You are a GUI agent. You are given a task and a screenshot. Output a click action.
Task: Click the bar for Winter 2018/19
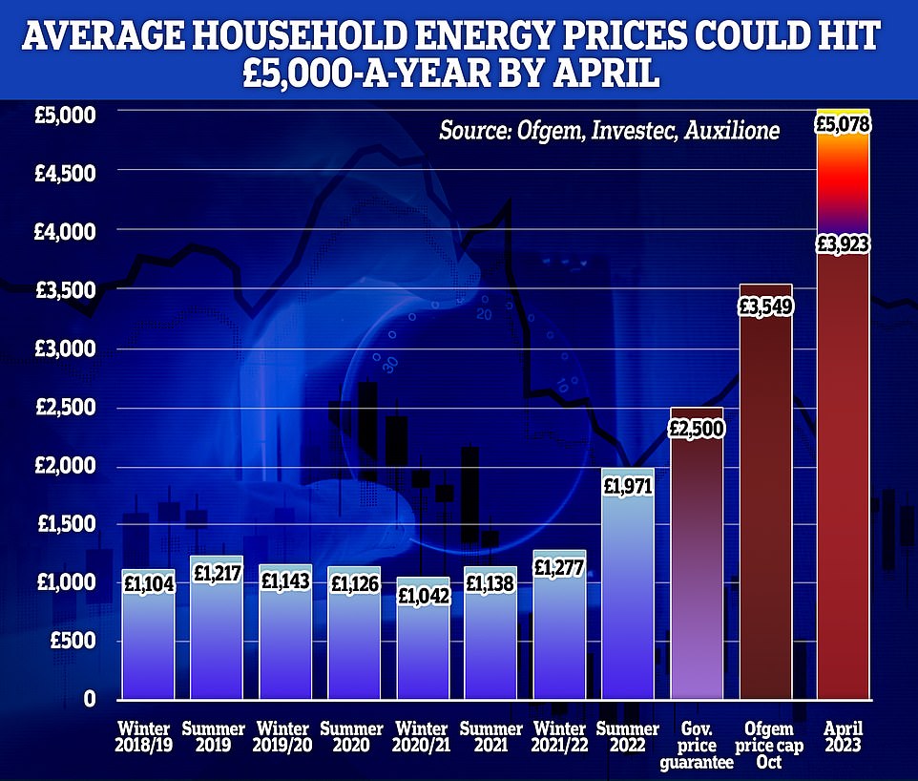pos(148,640)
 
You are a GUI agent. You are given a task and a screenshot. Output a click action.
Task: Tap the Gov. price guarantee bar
pos(697,573)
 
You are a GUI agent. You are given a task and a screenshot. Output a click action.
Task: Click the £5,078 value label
pos(843,125)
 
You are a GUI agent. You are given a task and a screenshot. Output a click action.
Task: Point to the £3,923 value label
pos(843,244)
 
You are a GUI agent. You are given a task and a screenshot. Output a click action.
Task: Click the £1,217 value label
pos(217,574)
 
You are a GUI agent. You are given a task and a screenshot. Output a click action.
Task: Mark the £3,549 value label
pos(765,307)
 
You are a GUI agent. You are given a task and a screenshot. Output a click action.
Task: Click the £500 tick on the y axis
pos(73,642)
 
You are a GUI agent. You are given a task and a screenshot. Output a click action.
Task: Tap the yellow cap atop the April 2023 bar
pos(843,111)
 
